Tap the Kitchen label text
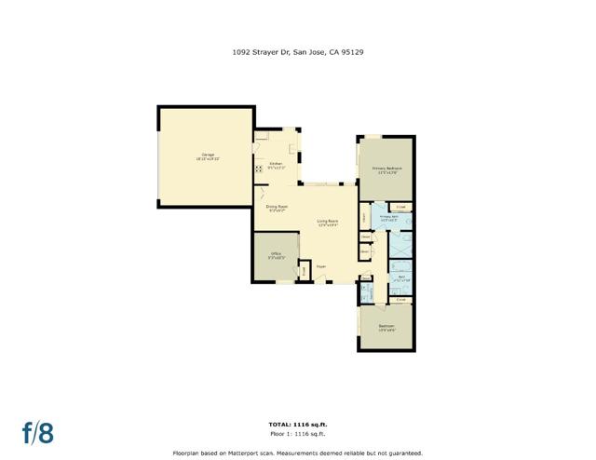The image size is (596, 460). tap(276, 166)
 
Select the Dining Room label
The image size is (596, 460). tap(277, 208)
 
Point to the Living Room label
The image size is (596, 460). tap(327, 223)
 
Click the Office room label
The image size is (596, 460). tap(277, 255)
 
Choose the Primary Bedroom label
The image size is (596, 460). tap(385, 170)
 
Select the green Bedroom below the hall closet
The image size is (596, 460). tap(386, 327)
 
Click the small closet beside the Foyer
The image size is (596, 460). tap(304, 271)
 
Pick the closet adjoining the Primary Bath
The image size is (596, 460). tap(400, 207)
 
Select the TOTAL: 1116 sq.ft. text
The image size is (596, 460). tap(297, 425)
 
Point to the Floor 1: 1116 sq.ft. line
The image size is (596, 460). tap(297, 433)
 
